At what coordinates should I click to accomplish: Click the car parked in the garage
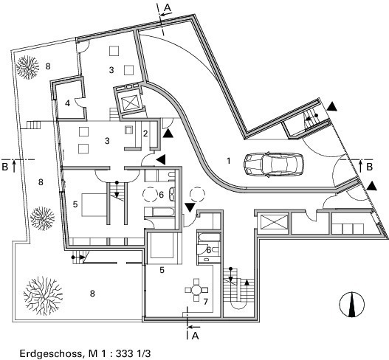point(274,164)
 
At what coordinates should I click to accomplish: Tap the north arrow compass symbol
point(351,305)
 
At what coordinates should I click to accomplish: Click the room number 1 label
point(229,161)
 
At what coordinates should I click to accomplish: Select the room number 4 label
point(67,103)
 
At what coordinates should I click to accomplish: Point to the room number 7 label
point(205,302)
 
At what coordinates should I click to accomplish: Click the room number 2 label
point(145,134)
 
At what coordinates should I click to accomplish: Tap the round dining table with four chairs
point(196,290)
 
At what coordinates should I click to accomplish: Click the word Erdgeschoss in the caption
point(51,353)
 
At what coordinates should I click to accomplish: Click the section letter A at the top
point(168,7)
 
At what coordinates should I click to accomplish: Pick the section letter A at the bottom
point(196,336)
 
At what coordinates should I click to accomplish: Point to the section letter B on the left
point(4,167)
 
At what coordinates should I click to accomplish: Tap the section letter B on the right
point(369,167)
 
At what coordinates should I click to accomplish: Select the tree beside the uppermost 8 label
point(27,67)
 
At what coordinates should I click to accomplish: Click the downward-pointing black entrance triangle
point(190,207)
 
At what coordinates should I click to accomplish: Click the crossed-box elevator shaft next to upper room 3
point(128,102)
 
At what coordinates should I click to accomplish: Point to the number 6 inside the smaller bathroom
point(208,250)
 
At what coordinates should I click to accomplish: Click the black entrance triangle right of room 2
point(168,134)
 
